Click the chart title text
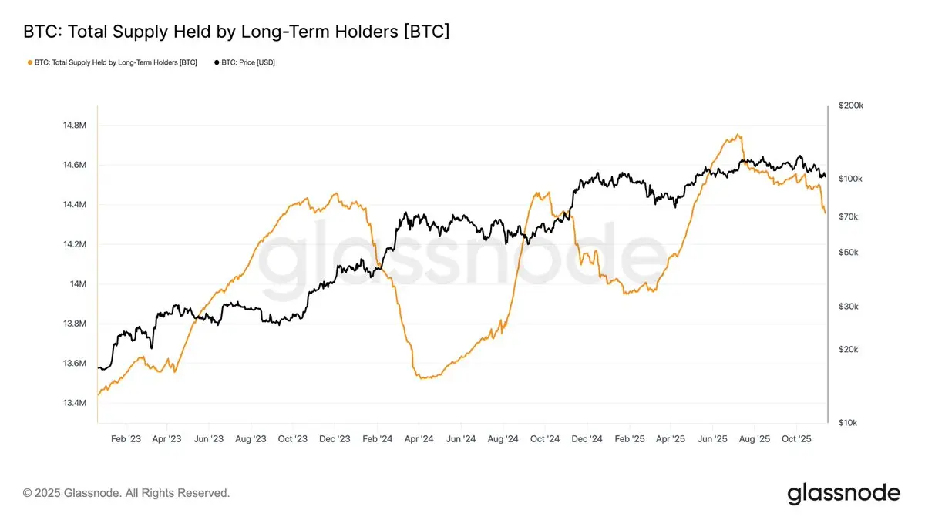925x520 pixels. [x=237, y=32]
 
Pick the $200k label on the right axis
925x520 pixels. [x=851, y=105]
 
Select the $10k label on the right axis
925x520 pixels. [x=849, y=423]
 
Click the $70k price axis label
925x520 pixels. [x=849, y=216]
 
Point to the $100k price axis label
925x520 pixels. [x=851, y=179]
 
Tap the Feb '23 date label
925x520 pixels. [x=126, y=439]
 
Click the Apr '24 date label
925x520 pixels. [x=418, y=439]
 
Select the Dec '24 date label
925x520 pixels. [x=587, y=439]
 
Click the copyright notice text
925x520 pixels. [x=126, y=492]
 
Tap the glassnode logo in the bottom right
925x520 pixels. [x=843, y=493]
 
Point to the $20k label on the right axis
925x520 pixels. [x=849, y=349]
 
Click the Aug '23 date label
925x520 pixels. [x=251, y=439]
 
